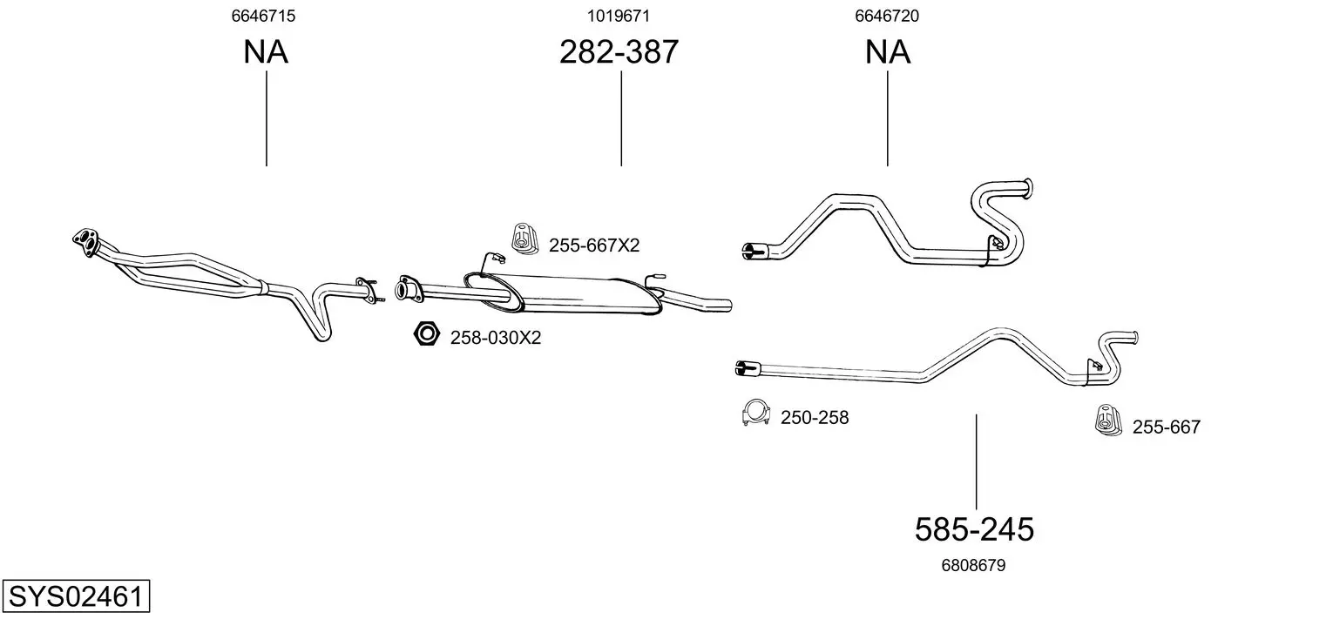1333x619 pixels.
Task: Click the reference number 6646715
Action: coord(263,16)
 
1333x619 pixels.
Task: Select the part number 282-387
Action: coord(619,51)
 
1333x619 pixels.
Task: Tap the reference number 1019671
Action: coord(619,16)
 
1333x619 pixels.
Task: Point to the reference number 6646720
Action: coord(887,16)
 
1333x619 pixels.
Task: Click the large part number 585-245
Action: coord(974,528)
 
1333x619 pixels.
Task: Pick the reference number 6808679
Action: coord(973,565)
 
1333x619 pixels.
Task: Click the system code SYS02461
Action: coord(76,595)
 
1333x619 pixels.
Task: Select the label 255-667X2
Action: coord(594,245)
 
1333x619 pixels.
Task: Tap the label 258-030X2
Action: coord(496,338)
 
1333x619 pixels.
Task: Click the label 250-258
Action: coord(815,417)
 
